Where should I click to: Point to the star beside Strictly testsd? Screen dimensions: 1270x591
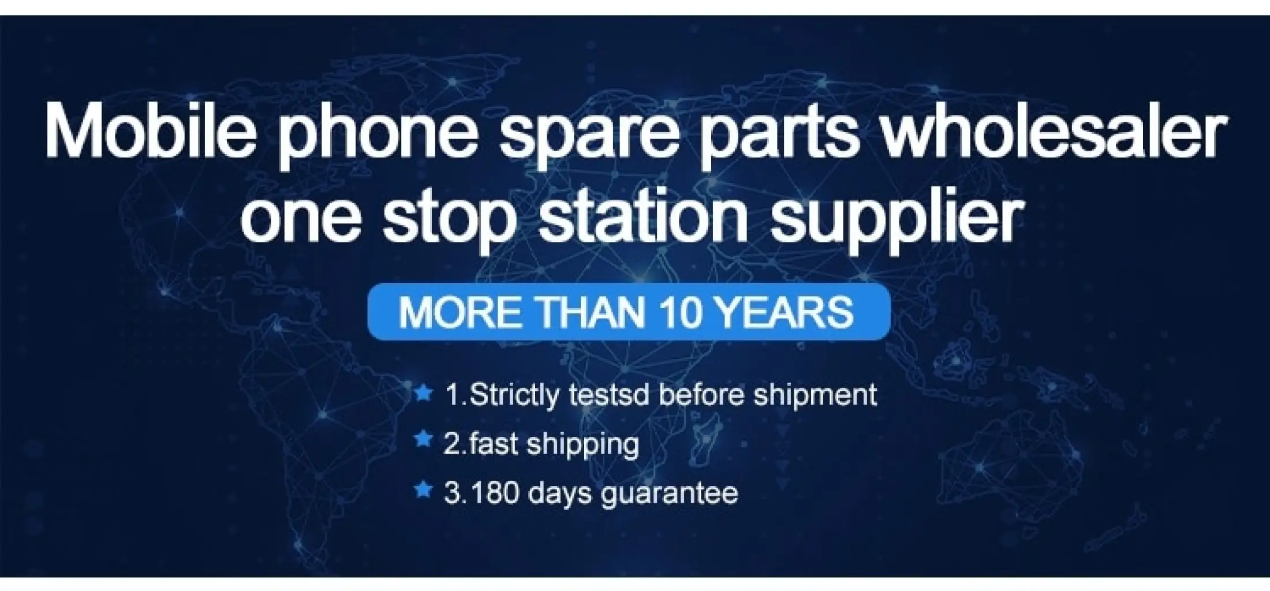[424, 394]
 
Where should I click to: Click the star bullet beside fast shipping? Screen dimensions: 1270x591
[424, 439]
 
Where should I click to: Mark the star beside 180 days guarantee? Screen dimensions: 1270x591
[424, 491]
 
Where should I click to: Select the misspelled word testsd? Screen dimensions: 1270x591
[610, 395]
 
